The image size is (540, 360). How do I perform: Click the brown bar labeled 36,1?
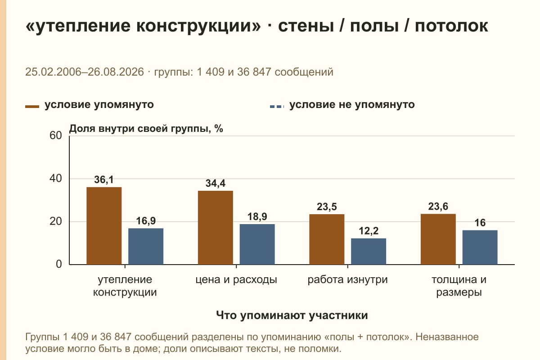coord(104,226)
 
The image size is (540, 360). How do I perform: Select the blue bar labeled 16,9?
coord(146,246)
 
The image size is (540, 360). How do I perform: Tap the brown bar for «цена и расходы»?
coord(215,228)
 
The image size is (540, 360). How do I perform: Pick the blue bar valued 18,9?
coord(257,244)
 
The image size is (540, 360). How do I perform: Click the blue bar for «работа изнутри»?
coord(369,251)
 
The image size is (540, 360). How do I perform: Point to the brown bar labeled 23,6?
coord(438,239)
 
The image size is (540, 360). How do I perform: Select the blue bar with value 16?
coord(480,247)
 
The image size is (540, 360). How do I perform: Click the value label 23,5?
coord(327,207)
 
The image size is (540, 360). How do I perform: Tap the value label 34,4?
coord(215,184)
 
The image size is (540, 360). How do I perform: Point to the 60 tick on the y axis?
coord(56,135)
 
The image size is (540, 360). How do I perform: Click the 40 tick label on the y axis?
coord(56,179)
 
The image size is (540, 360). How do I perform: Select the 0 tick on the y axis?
coord(59,264)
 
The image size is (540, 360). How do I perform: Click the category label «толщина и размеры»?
coord(459,286)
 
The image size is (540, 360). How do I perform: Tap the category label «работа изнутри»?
coord(347,280)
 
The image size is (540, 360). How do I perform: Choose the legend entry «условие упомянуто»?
coord(90,105)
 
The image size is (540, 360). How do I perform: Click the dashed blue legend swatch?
coord(277,107)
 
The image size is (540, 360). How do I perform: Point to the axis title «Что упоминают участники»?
coord(292,315)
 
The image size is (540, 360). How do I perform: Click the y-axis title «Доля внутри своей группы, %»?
coord(146,129)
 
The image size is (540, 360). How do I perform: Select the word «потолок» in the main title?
coord(451,26)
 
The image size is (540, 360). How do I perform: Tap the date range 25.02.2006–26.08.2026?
coord(85,72)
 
